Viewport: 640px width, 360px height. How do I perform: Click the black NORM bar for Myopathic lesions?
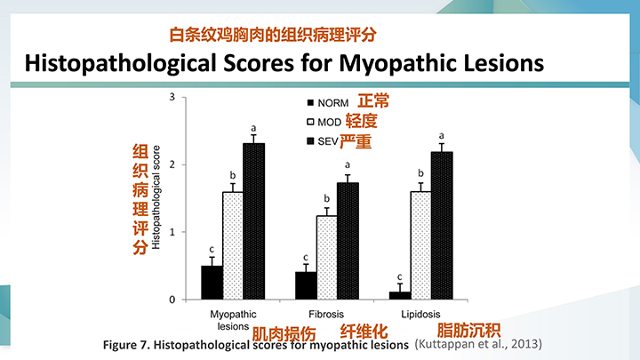coord(212,283)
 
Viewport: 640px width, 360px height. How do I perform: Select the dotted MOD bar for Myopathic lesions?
coord(233,245)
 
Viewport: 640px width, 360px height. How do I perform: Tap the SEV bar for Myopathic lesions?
coord(253,221)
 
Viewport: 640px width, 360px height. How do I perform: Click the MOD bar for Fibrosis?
coord(327,258)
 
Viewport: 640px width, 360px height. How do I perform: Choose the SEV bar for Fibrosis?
coord(348,241)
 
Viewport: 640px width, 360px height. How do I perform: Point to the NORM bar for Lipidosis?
coord(400,296)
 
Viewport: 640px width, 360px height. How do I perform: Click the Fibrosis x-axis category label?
coord(326,315)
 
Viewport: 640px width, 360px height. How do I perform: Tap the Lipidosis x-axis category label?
coord(420,315)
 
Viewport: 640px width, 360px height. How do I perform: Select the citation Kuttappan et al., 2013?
coord(478,343)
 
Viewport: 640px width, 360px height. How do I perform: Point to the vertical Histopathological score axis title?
coord(157,197)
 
